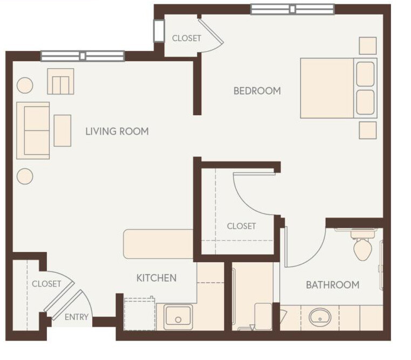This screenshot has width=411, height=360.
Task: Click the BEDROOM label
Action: click(x=257, y=91)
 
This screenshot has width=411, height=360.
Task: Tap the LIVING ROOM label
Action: click(x=117, y=131)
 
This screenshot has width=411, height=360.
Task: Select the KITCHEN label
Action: click(x=156, y=278)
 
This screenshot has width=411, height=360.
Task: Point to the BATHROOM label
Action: click(x=333, y=285)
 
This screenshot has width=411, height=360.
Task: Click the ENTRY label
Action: click(x=76, y=317)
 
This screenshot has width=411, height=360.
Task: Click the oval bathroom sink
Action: click(x=320, y=317)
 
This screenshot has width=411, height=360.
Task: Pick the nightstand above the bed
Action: click(x=368, y=46)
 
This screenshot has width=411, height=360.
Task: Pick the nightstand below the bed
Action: click(x=368, y=130)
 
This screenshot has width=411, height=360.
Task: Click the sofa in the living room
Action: click(x=33, y=130)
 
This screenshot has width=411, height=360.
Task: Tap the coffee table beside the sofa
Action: click(x=63, y=130)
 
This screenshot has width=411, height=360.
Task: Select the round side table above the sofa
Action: click(x=25, y=85)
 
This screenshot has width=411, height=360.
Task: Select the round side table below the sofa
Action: click(x=25, y=176)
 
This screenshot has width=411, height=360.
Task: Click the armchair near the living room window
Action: click(x=60, y=82)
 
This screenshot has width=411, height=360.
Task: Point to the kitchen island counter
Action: click(x=158, y=244)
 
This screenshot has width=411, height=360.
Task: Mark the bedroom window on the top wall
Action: click(x=292, y=9)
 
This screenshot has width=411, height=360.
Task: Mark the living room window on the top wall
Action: click(x=83, y=56)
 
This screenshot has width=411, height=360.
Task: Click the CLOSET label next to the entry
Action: click(x=46, y=284)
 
